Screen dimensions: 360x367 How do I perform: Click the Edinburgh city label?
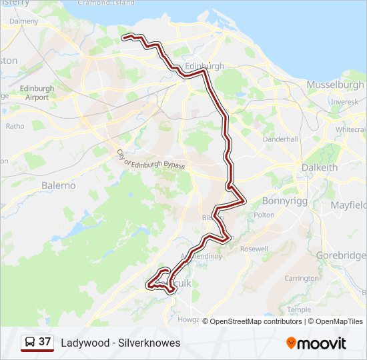click(204, 67)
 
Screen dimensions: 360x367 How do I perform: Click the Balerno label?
click(59, 185)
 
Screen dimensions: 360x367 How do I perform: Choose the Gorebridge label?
click(340, 255)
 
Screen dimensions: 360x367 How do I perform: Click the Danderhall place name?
click(280, 139)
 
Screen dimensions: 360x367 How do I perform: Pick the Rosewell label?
click(254, 249)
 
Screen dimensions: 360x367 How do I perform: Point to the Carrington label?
click(301, 278)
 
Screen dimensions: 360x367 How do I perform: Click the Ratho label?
click(15, 126)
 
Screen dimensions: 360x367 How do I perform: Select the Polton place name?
click(264, 215)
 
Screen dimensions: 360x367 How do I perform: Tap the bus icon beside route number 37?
click(30, 343)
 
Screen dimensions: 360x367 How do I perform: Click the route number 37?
click(45, 342)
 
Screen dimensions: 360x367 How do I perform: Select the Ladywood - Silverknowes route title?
click(120, 343)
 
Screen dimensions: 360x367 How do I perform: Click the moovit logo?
click(316, 343)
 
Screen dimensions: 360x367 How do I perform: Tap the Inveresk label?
click(344, 101)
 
